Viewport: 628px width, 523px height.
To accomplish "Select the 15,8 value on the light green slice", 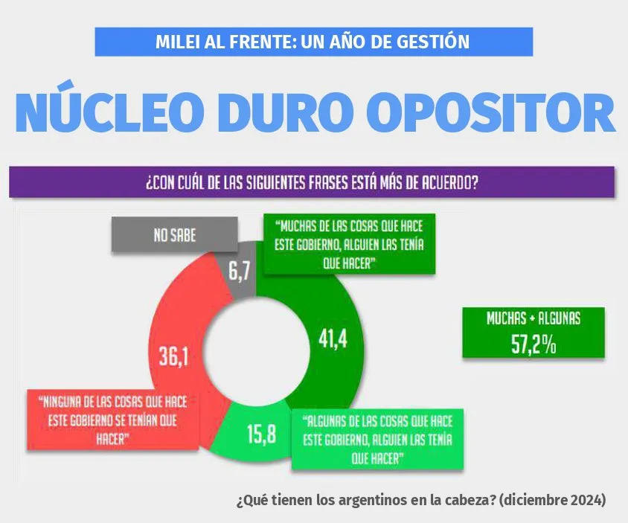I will [x=260, y=433].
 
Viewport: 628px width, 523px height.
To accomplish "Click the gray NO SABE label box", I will [x=175, y=235].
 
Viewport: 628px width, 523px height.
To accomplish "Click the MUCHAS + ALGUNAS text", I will [x=533, y=318].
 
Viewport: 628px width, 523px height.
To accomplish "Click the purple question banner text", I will [x=312, y=182].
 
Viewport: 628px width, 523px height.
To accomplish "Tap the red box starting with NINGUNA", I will [x=114, y=419].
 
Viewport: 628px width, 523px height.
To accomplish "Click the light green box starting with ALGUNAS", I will [x=378, y=439].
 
